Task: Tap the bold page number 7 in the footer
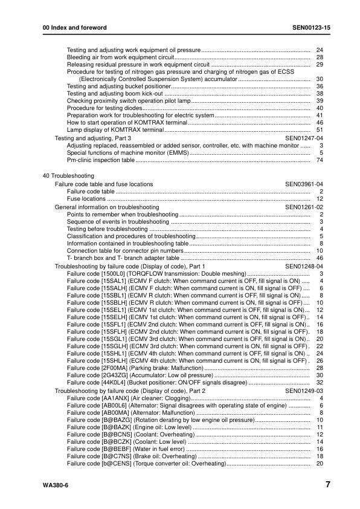tap(327, 485)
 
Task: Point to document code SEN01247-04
tap(304, 138)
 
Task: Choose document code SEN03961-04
tap(304, 184)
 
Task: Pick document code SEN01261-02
tap(304, 207)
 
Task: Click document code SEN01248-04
tap(304, 266)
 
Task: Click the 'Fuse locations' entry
tap(86, 198)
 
